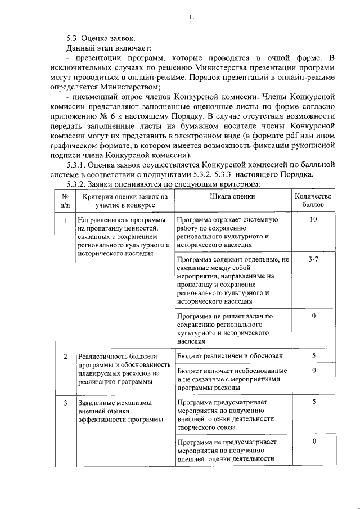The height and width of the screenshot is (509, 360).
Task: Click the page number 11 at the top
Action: point(191,17)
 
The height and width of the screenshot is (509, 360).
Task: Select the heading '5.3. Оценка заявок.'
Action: point(100,38)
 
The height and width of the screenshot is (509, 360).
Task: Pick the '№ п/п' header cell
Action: point(66,201)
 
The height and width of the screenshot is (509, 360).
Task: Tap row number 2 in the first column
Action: point(66,357)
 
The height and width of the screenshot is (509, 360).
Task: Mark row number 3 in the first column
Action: point(66,403)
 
